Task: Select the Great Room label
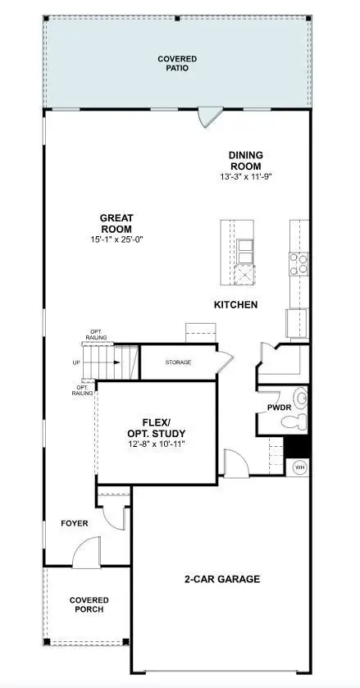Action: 116,223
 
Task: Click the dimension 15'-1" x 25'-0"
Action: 116,239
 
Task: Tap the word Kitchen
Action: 235,305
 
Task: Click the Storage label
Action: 178,362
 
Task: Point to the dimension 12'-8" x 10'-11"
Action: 155,444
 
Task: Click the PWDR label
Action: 278,407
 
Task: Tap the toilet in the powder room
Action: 294,421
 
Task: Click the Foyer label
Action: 75,522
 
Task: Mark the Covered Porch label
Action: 89,605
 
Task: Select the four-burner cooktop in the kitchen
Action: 298,262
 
